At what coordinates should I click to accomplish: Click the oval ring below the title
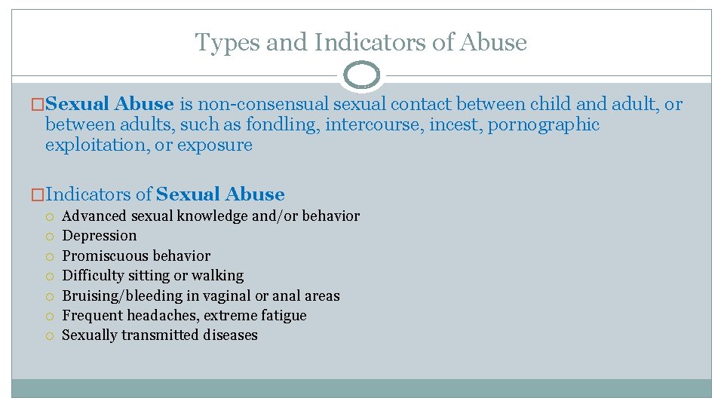361,75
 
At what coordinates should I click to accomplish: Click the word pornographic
544,124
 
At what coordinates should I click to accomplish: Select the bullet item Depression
100,236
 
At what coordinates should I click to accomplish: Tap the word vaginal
228,295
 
